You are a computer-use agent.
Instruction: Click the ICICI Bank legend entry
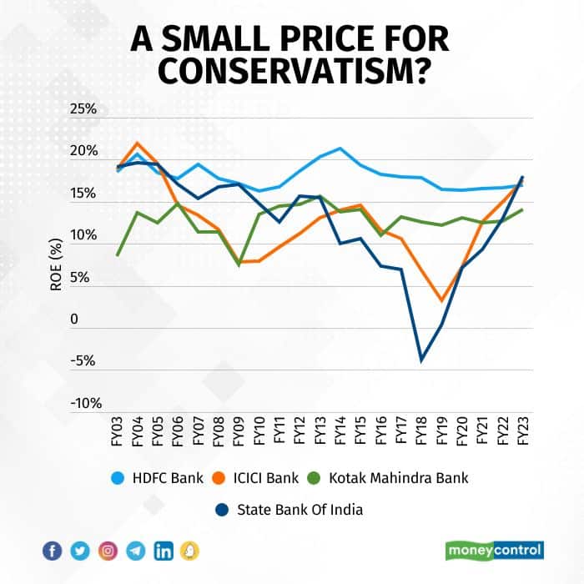264,477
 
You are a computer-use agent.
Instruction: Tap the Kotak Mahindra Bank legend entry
396,477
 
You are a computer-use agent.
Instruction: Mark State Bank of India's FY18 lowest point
421,360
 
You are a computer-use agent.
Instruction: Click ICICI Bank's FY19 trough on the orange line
441,301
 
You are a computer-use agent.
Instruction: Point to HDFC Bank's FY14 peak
340,149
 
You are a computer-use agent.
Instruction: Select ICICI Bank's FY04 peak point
138,143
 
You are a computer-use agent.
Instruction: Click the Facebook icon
52,551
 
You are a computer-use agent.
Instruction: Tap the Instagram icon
108,551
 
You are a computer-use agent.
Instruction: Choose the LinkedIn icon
164,551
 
